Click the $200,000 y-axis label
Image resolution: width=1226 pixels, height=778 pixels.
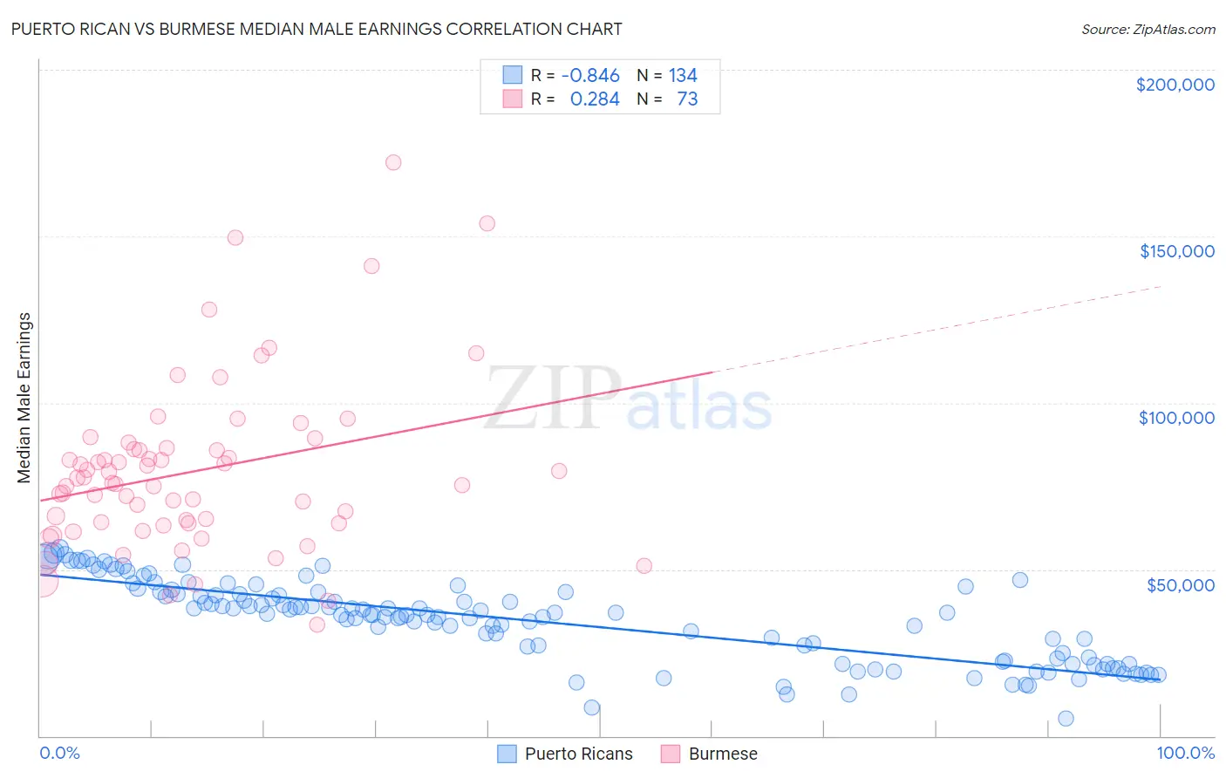[x=1175, y=85]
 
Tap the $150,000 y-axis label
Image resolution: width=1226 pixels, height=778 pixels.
[x=1176, y=251]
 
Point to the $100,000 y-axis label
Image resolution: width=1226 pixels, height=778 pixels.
[x=1176, y=418]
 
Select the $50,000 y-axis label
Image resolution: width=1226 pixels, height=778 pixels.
[x=1180, y=584]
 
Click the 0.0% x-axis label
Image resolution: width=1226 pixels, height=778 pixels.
[x=59, y=753]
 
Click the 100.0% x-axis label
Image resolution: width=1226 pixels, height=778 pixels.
[x=1185, y=753]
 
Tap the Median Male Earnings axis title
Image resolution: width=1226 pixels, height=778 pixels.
[x=24, y=398]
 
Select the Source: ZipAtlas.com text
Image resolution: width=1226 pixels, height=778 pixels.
[x=1148, y=29]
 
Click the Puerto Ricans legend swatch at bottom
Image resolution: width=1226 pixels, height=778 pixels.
[x=507, y=754]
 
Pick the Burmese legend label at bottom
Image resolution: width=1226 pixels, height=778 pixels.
[x=723, y=754]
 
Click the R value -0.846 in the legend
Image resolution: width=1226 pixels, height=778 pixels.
[x=590, y=76]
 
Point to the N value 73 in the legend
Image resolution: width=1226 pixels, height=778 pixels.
[x=687, y=99]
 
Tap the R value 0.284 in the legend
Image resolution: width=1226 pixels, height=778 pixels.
[x=595, y=99]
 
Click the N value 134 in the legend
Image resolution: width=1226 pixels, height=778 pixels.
[x=683, y=76]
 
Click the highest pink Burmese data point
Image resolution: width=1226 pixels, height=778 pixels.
[x=393, y=162]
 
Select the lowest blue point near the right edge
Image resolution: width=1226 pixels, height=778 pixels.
[x=1066, y=719]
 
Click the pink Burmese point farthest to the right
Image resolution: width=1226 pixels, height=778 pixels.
[x=644, y=566]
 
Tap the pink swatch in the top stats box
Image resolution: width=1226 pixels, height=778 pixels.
[x=512, y=99]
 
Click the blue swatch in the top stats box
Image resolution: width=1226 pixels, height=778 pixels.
[x=512, y=75]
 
